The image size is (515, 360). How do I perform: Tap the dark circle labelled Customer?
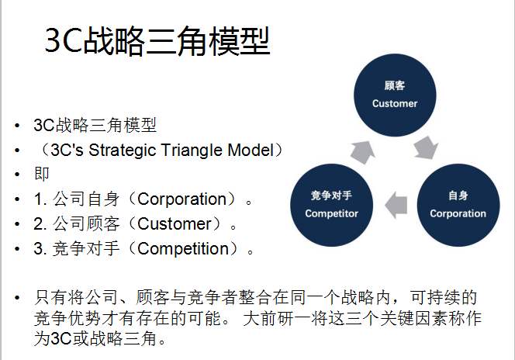tap(394, 95)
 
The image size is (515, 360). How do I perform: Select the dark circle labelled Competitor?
tap(331, 204)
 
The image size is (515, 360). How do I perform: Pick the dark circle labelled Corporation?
tap(458, 204)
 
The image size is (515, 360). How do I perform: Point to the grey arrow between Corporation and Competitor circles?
tap(395, 204)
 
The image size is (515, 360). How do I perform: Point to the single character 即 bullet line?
tap(41, 174)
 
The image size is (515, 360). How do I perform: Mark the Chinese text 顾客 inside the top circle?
tap(394, 85)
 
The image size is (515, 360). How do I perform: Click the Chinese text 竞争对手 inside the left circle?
tap(331, 196)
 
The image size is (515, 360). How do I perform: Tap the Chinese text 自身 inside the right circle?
tap(458, 196)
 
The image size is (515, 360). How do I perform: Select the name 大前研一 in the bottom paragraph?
tap(272, 318)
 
